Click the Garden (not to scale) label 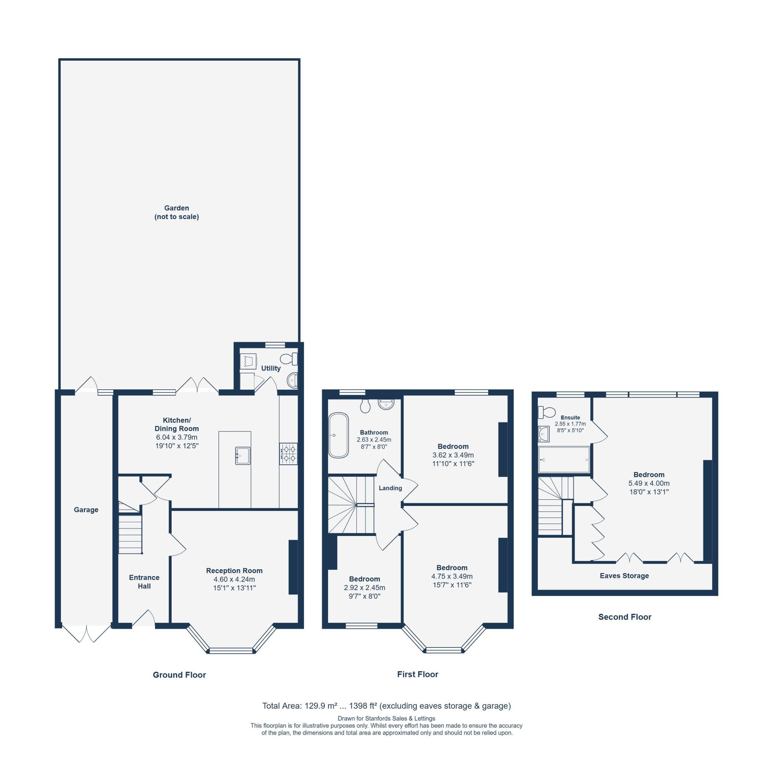point(176,212)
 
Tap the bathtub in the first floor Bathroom point(338,435)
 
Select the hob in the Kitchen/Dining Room point(288,454)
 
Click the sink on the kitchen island point(243,456)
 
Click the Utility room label point(271,368)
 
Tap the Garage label point(86,510)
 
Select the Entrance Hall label point(144,582)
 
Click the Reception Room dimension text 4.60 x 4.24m point(234,579)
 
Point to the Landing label point(390,488)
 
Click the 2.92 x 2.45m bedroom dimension point(364,588)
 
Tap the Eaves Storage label point(624,576)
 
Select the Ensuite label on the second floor point(570,417)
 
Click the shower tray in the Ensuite point(564,459)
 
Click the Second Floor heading point(625,617)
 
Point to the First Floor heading point(418,674)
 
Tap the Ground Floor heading point(179,675)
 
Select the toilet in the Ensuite point(547,412)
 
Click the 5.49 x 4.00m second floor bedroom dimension point(649,483)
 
